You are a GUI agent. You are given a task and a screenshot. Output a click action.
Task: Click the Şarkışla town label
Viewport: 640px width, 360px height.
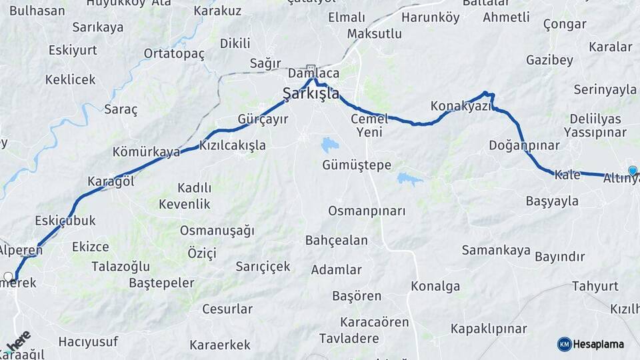point(311,93)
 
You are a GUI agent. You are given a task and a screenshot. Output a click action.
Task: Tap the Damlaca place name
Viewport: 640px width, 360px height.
point(313,73)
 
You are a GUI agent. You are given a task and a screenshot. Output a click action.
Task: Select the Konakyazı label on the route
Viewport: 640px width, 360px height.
point(461,106)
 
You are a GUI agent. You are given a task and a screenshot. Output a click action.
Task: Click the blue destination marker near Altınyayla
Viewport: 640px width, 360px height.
point(633,171)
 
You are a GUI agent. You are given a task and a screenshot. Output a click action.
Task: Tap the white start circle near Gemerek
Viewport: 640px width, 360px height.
point(9,276)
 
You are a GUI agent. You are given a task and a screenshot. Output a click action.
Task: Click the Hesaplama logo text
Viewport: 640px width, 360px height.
point(599,344)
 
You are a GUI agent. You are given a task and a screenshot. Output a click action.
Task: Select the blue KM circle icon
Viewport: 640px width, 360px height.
point(564,344)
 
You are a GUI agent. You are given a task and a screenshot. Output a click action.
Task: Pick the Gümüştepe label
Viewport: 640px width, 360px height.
point(357,165)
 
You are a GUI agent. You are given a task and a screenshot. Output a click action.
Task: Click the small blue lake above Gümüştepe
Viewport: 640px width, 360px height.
point(329,144)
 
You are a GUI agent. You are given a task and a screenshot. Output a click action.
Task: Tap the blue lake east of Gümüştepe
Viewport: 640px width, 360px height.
point(409,179)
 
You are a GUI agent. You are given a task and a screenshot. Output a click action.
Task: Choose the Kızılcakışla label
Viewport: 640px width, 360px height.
point(233,145)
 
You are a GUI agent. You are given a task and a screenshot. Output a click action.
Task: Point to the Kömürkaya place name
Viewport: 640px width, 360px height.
point(146,152)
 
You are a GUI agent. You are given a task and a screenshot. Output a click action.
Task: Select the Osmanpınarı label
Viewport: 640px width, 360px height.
point(367,211)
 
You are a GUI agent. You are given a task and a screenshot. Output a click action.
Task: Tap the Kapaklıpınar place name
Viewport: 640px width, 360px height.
point(489,329)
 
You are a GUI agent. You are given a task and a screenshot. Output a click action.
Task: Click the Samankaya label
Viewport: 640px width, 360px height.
point(496,250)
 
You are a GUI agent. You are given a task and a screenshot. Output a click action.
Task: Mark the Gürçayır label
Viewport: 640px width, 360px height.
point(263,119)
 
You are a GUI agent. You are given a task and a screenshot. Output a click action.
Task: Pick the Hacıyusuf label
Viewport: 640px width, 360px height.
point(88,341)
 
